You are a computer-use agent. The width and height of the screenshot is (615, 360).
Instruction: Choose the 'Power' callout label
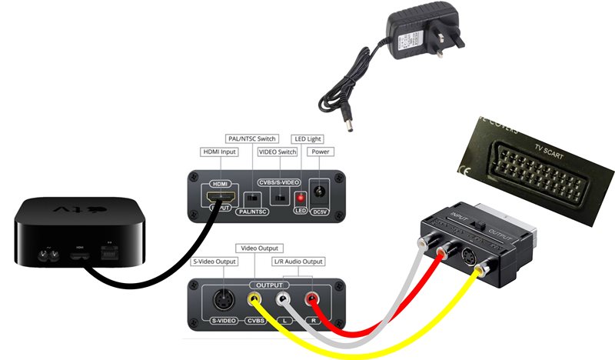(320, 152)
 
